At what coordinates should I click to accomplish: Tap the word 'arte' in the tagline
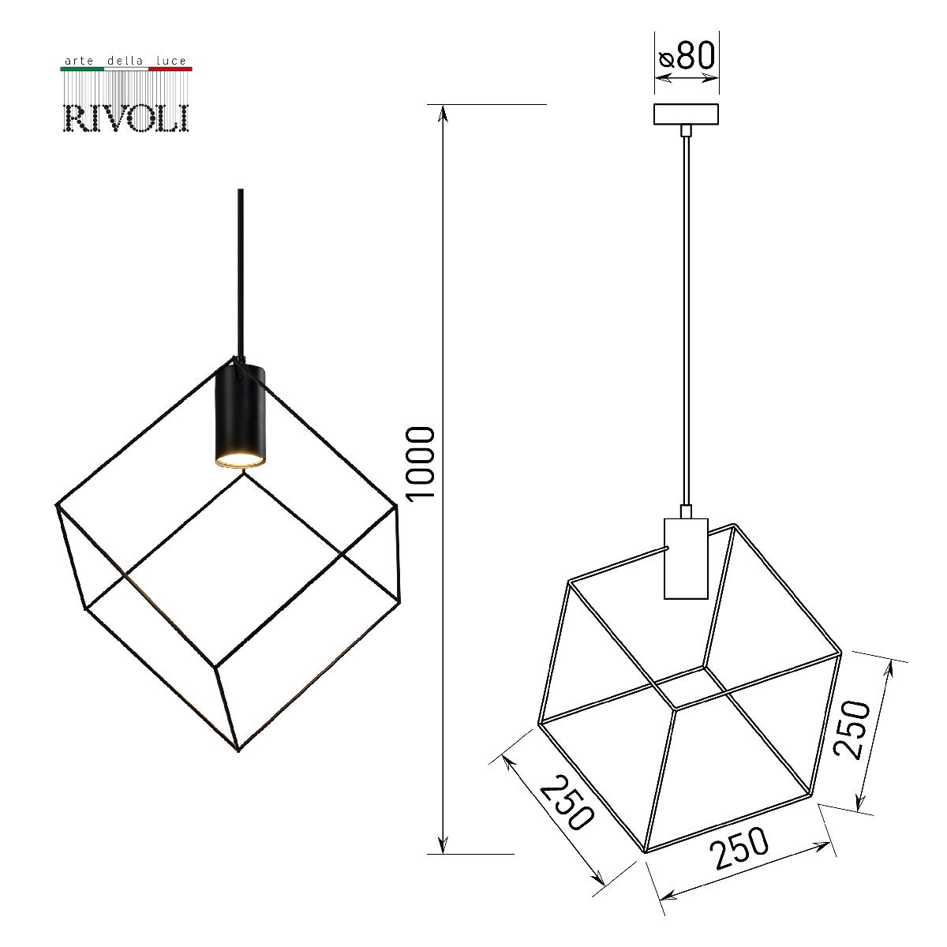click(x=77, y=60)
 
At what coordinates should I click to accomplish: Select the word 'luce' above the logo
click(x=170, y=60)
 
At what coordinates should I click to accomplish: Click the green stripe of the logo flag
click(x=82, y=69)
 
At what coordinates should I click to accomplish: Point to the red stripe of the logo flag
click(x=170, y=69)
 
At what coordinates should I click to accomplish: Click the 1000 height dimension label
click(x=421, y=462)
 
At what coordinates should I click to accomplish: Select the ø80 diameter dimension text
click(x=687, y=56)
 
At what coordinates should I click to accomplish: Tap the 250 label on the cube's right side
click(x=853, y=729)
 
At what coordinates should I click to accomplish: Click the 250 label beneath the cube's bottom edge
click(x=739, y=848)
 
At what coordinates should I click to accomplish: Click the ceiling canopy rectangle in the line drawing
click(x=687, y=114)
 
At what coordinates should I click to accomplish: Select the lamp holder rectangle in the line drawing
click(x=686, y=559)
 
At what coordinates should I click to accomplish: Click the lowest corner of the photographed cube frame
click(x=239, y=747)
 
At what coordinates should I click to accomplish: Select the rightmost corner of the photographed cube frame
click(x=395, y=507)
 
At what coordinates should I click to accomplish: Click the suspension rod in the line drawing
click(x=687, y=316)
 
